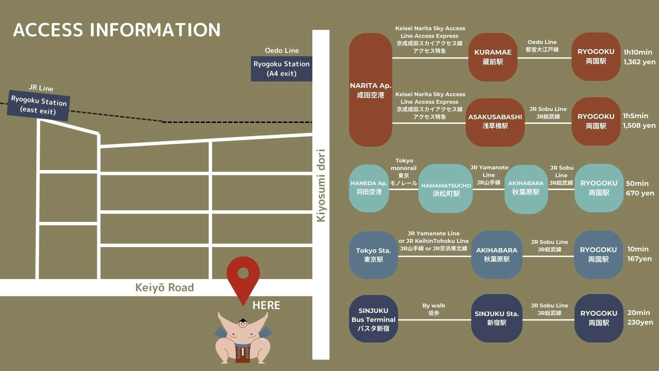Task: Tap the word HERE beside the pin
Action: pyautogui.click(x=266, y=305)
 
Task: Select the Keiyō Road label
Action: pyautogui.click(x=164, y=288)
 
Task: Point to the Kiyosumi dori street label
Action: pyautogui.click(x=321, y=185)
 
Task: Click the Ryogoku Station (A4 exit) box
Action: pyautogui.click(x=281, y=69)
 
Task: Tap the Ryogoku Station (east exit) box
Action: pyautogui.click(x=39, y=105)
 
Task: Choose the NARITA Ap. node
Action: pyautogui.click(x=370, y=90)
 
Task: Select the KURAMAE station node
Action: pyautogui.click(x=493, y=57)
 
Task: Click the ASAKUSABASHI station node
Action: pyautogui.click(x=495, y=122)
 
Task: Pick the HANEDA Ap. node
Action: pyautogui.click(x=369, y=188)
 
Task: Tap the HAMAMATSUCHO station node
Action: pyautogui.click(x=446, y=189)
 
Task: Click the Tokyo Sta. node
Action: pyautogui.click(x=373, y=255)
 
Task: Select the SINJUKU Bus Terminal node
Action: pyautogui.click(x=373, y=319)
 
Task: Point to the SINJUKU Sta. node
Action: pyautogui.click(x=496, y=318)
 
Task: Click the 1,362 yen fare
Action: pyautogui.click(x=639, y=62)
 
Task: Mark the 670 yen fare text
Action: pyautogui.click(x=640, y=193)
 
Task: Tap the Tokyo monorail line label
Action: pyautogui.click(x=404, y=172)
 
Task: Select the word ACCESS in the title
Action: pyautogui.click(x=48, y=30)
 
